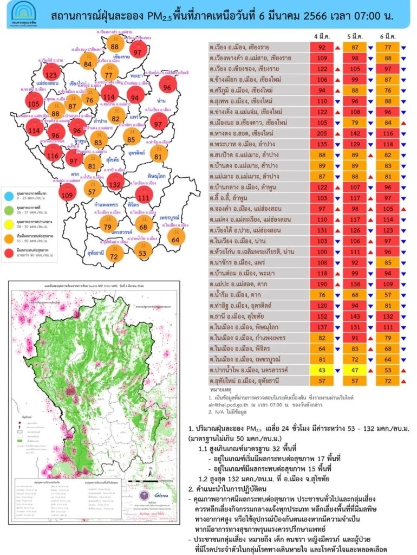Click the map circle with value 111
coord(143,197)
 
